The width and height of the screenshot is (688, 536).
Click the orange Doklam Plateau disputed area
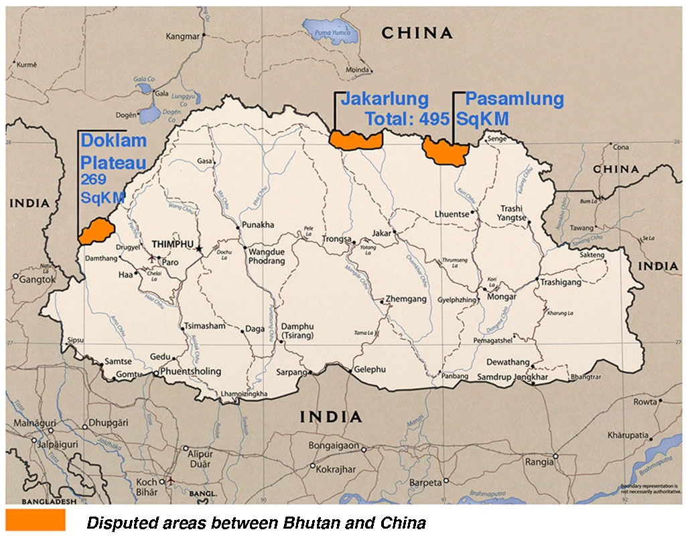click(94, 231)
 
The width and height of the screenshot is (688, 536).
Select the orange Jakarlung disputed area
click(356, 140)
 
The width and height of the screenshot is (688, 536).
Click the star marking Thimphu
click(199, 249)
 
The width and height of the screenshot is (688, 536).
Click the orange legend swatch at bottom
click(36, 520)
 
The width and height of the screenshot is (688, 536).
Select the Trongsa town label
click(338, 239)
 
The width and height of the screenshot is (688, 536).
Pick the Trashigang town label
click(561, 283)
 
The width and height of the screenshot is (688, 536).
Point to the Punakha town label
click(258, 226)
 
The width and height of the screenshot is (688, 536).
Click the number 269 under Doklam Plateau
click(94, 180)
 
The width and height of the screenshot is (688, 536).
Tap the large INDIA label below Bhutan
click(331, 417)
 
